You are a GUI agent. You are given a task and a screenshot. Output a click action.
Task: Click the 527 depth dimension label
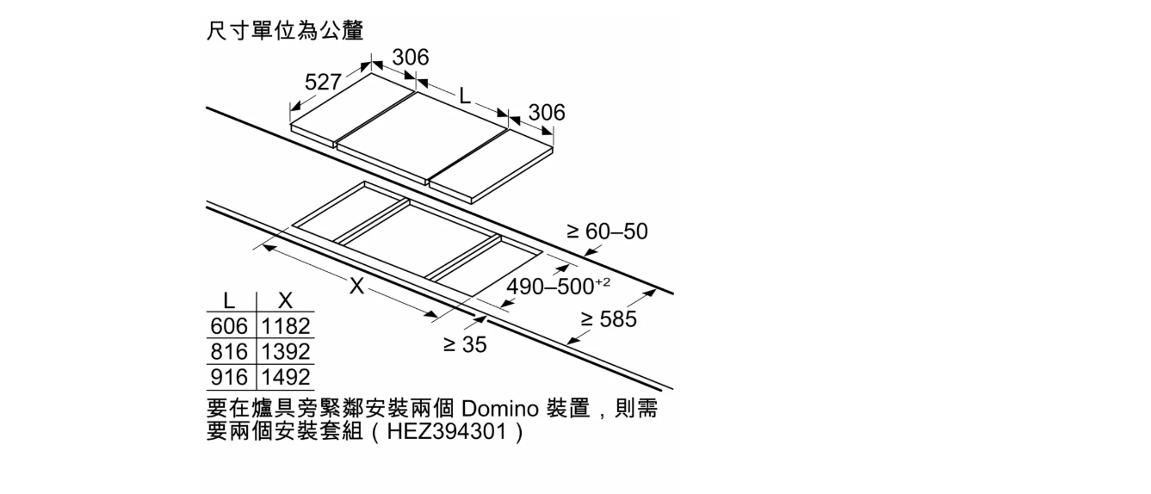click(323, 82)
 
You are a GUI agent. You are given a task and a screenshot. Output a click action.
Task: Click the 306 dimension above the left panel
click(411, 57)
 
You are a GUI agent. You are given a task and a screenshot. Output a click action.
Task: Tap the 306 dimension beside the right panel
click(547, 113)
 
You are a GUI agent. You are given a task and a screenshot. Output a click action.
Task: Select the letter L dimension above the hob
click(465, 96)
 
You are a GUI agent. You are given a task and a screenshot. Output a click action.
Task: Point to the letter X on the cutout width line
click(356, 286)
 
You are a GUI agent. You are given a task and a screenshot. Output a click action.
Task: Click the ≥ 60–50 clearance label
click(607, 232)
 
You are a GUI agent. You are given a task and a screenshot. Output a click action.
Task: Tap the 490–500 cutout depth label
click(559, 286)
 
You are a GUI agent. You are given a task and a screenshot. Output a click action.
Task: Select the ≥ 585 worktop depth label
click(609, 319)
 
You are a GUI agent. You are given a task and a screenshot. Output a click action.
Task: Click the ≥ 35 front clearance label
click(465, 344)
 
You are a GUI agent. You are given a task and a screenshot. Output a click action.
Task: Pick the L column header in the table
click(229, 300)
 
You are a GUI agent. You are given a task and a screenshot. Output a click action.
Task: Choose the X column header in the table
click(285, 300)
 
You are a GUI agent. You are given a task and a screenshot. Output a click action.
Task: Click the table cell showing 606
click(229, 326)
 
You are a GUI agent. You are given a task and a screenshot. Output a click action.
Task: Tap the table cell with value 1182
click(286, 326)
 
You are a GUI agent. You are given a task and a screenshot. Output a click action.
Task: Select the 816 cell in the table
click(229, 352)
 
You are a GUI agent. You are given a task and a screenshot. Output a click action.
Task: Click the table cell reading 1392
click(286, 352)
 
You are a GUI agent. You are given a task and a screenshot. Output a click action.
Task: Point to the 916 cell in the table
click(229, 378)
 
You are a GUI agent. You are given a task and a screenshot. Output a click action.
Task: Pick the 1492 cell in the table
click(286, 378)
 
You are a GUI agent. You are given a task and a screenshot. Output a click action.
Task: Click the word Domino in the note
click(499, 410)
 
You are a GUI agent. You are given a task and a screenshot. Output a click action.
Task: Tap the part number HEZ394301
click(447, 431)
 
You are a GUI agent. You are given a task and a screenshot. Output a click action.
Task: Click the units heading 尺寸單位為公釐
click(285, 31)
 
